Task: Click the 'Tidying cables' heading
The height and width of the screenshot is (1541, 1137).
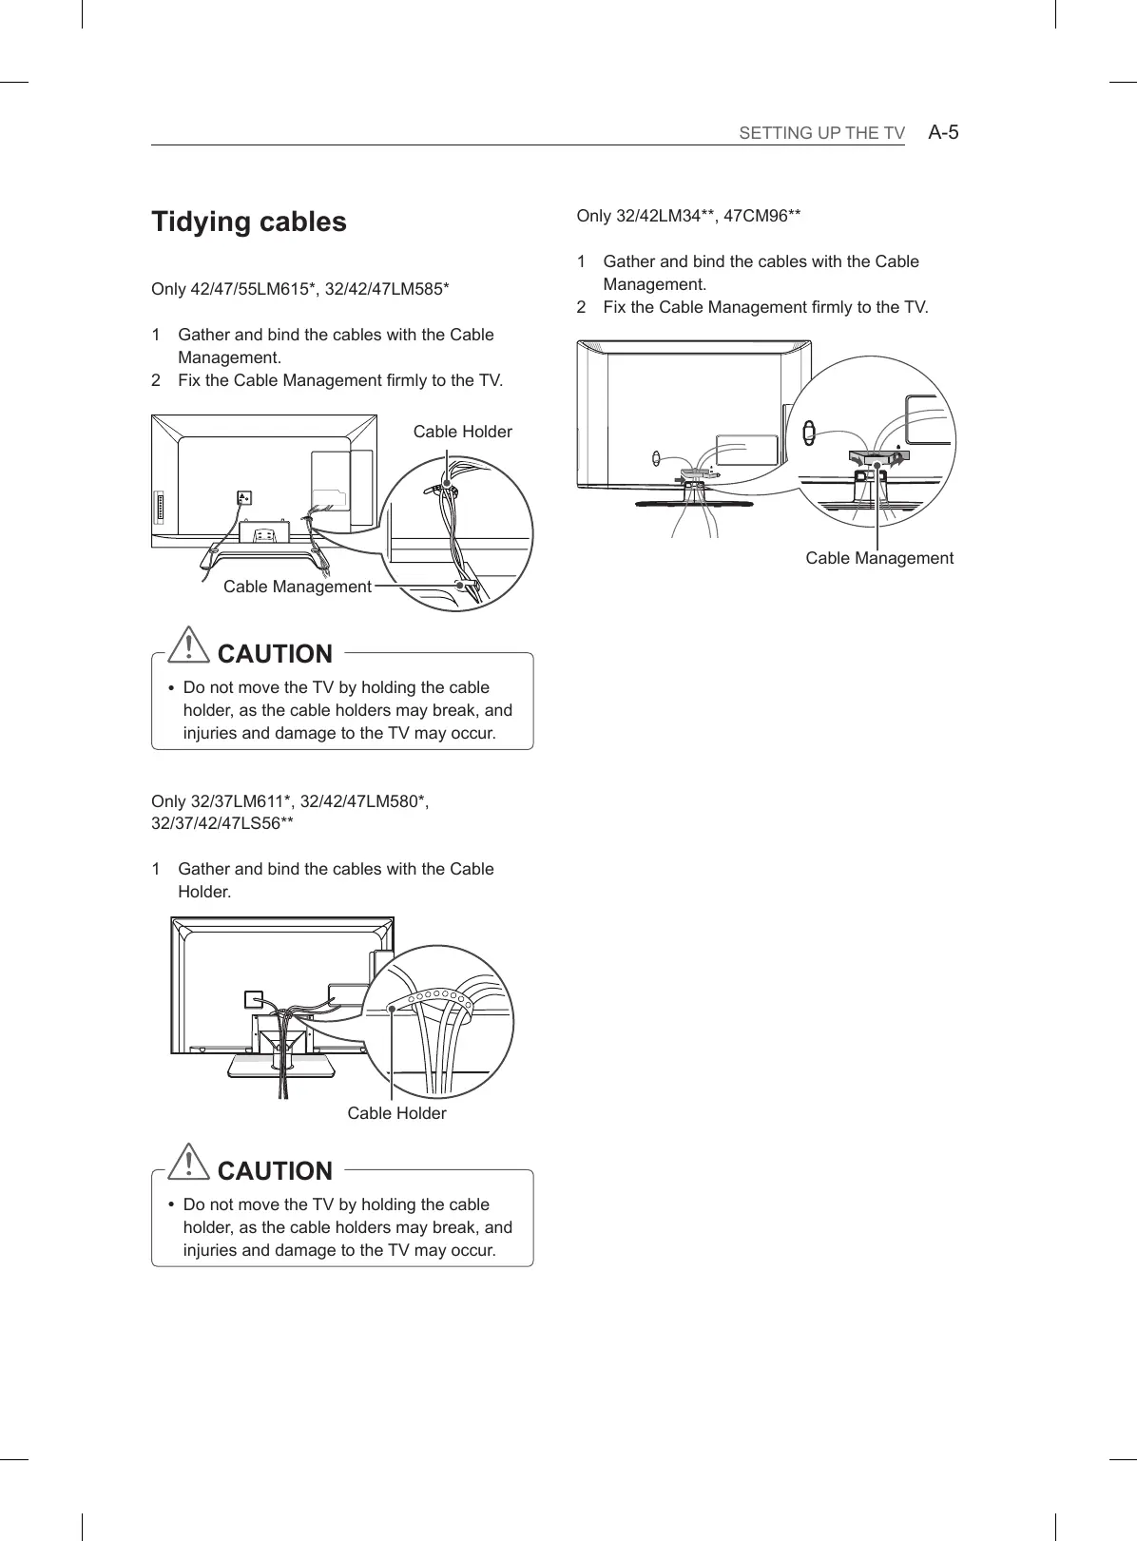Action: pos(249,222)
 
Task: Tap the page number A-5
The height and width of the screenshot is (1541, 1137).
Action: pos(943,132)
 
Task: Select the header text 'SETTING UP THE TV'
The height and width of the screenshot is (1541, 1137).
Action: pos(821,133)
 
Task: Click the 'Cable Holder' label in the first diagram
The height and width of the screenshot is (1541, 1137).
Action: pos(462,432)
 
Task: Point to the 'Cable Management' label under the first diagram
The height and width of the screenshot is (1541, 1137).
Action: pos(297,587)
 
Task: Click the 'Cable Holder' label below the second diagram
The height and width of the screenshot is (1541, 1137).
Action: pos(396,1113)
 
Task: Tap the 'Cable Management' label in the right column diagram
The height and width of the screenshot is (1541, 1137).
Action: pos(878,558)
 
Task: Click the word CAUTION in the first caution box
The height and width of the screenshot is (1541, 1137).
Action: pos(275,654)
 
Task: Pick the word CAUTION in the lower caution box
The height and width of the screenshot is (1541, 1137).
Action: pos(275,1171)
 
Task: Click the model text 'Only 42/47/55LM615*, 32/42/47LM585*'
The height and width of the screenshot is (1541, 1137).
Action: pos(300,289)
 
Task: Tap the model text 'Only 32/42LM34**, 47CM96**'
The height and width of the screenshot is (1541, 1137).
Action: pos(688,216)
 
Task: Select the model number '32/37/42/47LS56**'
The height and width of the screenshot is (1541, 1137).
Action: pos(222,823)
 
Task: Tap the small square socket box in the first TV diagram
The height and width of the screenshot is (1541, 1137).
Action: pos(244,497)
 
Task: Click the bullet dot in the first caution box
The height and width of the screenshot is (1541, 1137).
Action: pos(170,688)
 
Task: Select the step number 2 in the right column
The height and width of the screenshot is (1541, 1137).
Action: pos(582,307)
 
